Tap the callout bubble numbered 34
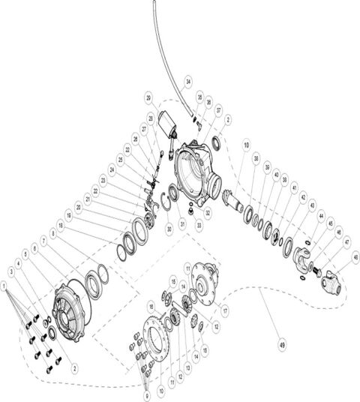pos(187,81)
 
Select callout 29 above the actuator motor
pos(149,98)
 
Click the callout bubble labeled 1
pos(5,286)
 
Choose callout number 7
pos(43,241)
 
